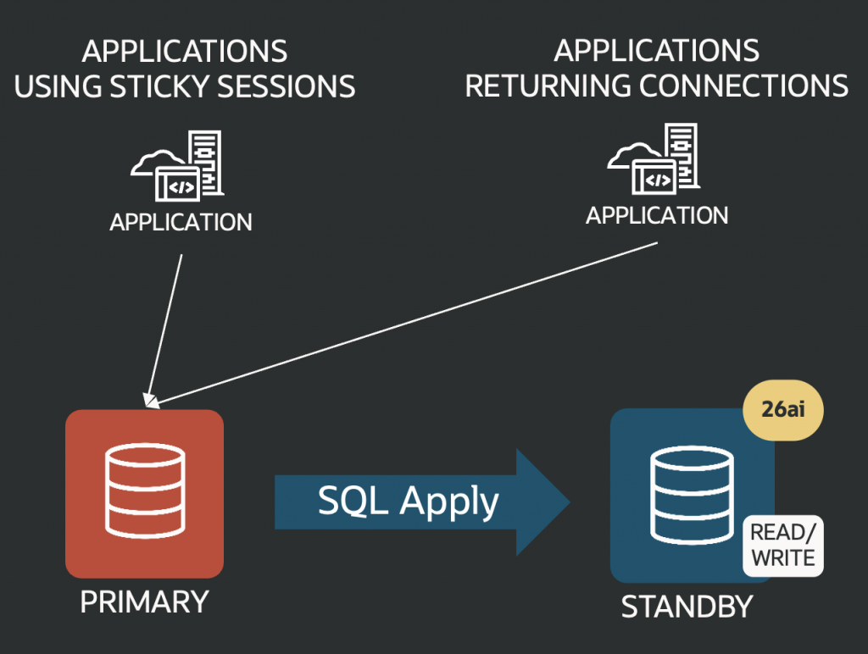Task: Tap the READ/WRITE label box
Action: pyautogui.click(x=782, y=545)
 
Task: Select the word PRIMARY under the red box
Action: pyautogui.click(x=144, y=601)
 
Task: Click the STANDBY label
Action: pyautogui.click(x=687, y=607)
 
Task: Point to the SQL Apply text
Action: pyautogui.click(x=409, y=501)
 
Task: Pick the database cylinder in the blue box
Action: pyautogui.click(x=691, y=496)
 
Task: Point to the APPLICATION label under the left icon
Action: pyautogui.click(x=181, y=222)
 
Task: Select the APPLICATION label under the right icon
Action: pyautogui.click(x=657, y=215)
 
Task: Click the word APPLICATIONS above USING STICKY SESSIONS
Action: pyautogui.click(x=185, y=51)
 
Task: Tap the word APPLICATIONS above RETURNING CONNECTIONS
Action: pyautogui.click(x=657, y=51)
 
